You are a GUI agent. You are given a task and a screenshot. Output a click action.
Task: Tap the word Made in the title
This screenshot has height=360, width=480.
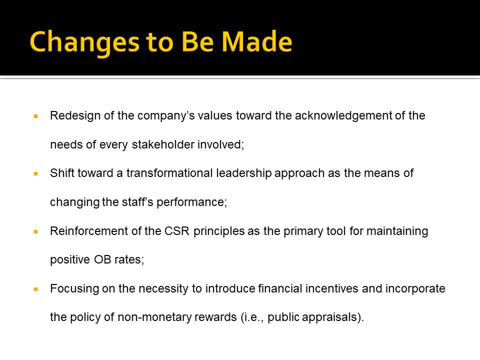click(x=257, y=41)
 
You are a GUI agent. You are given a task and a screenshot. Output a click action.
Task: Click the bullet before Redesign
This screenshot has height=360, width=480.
click(x=36, y=116)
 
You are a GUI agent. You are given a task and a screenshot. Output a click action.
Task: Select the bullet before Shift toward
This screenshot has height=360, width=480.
click(x=36, y=174)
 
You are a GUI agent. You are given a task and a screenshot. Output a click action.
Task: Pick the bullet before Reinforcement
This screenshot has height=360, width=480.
click(x=36, y=231)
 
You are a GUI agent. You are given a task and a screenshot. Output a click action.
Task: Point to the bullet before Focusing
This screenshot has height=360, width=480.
click(x=36, y=289)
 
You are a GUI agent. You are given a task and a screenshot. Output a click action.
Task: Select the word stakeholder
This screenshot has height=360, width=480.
click(x=163, y=144)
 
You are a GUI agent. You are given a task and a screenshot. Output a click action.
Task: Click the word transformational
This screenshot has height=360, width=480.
click(x=170, y=173)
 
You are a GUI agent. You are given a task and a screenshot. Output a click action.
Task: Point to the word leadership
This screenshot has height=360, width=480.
click(x=244, y=173)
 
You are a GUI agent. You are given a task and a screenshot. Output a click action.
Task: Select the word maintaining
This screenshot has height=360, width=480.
click(x=397, y=231)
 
